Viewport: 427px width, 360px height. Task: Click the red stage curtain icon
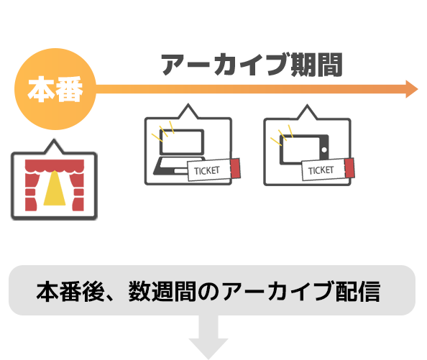(x=54, y=179)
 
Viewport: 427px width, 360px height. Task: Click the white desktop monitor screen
(x=182, y=144)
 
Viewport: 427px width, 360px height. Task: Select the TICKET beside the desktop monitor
(x=208, y=170)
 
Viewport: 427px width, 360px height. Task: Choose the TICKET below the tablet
(x=321, y=170)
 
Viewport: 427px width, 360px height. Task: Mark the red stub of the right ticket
(x=349, y=167)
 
